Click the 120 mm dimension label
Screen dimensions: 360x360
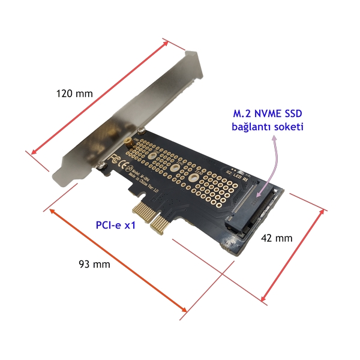pyautogui.click(x=74, y=94)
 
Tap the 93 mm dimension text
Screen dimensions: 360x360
pyautogui.click(x=95, y=264)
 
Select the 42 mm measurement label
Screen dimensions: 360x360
pyautogui.click(x=277, y=238)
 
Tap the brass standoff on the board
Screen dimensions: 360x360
pyautogui.click(x=128, y=143)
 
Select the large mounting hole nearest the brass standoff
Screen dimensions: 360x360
pyautogui.click(x=152, y=158)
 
